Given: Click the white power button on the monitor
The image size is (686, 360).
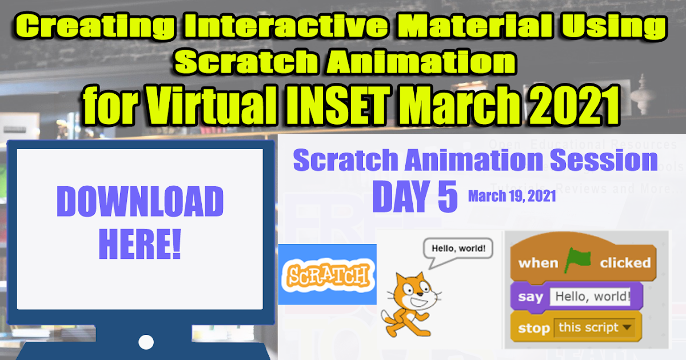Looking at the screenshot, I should pos(146,342).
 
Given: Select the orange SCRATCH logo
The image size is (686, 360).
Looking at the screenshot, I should pos(327,275).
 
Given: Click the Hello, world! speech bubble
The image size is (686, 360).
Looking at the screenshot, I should pos(458,250).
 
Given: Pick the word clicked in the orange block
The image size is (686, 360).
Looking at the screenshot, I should pos(625,263).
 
